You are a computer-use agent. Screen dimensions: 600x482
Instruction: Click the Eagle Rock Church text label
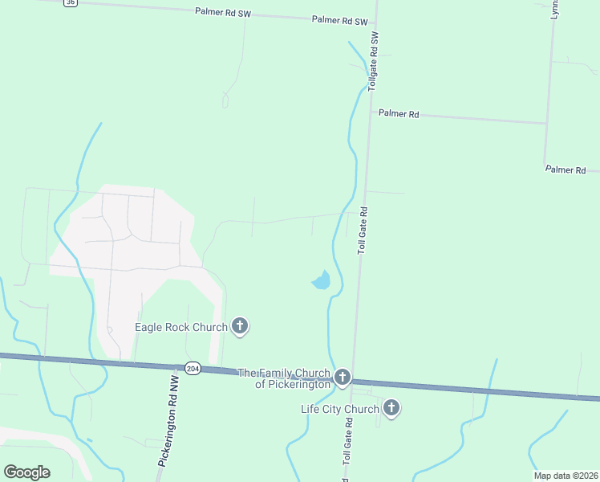click(x=181, y=328)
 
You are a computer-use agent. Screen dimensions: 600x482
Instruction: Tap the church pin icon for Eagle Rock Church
click(x=239, y=326)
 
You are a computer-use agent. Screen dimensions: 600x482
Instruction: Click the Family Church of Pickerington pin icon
click(x=343, y=377)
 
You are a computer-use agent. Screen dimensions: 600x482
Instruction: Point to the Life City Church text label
click(x=339, y=410)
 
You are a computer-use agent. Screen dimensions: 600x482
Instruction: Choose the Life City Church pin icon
click(x=391, y=408)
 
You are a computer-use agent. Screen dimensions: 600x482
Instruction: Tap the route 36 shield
click(x=71, y=2)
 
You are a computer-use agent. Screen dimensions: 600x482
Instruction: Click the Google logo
click(x=26, y=472)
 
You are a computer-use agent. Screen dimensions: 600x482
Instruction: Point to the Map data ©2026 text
click(x=565, y=476)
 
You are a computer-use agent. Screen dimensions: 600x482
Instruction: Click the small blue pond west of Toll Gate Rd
click(x=322, y=280)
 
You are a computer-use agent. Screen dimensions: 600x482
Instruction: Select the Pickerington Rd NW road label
click(x=168, y=424)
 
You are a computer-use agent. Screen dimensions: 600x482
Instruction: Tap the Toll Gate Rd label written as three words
click(x=363, y=231)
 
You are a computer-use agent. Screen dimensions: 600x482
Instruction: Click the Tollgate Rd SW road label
click(x=373, y=61)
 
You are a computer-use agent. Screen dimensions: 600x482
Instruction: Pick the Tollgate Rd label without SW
click(x=347, y=455)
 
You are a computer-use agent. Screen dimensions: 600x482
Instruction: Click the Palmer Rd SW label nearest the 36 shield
click(x=223, y=12)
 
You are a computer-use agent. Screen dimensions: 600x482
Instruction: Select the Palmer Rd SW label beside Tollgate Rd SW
click(x=339, y=20)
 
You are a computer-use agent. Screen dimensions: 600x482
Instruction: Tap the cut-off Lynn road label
click(x=554, y=8)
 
